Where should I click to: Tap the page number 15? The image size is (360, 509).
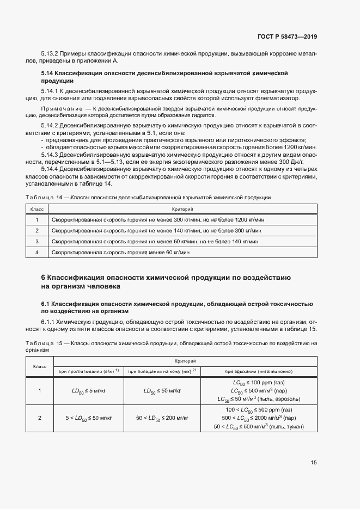click(x=314, y=463)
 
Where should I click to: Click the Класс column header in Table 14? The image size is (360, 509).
click(x=37, y=209)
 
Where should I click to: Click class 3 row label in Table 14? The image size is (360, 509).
click(x=37, y=241)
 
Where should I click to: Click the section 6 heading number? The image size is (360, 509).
click(x=44, y=277)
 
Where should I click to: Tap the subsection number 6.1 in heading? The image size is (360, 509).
click(x=46, y=303)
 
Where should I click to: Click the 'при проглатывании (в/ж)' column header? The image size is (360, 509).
click(x=88, y=371)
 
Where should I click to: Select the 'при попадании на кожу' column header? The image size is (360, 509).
click(x=162, y=371)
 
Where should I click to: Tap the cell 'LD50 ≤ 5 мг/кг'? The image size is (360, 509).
click(x=88, y=391)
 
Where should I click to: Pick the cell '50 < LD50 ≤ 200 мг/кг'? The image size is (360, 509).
click(x=162, y=418)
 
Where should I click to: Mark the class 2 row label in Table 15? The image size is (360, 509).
click(x=39, y=418)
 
